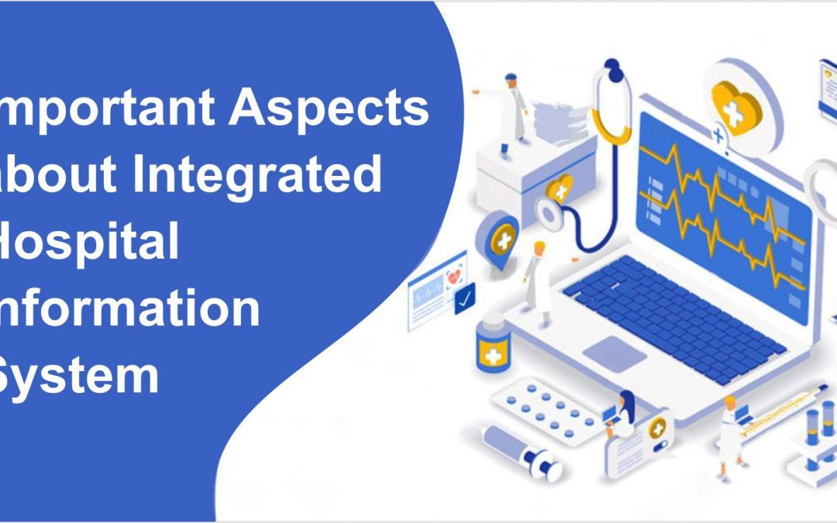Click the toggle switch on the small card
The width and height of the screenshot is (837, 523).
(659, 446)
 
